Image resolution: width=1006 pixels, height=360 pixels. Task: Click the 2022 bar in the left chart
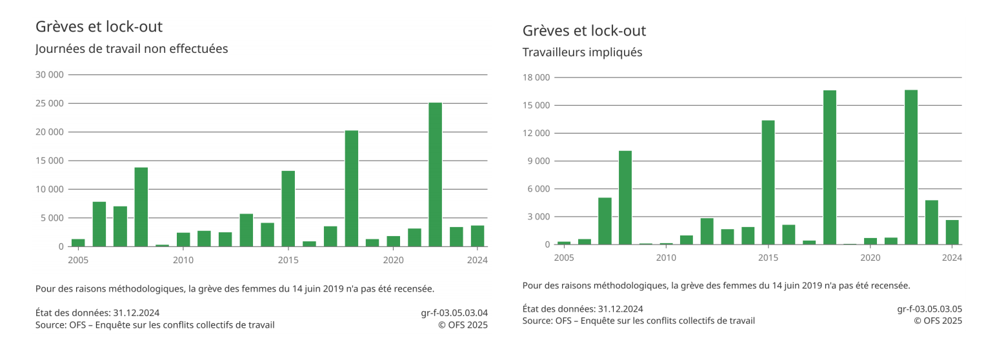[x=435, y=174]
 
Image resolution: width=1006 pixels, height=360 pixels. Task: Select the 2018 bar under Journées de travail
[x=351, y=188]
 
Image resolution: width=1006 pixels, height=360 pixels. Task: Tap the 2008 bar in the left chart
[x=141, y=206]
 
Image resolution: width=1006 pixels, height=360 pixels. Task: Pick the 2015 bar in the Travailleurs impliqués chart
[x=768, y=183]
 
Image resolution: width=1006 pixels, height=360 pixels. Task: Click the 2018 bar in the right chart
[x=829, y=168]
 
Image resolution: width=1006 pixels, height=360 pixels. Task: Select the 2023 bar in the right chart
[x=931, y=223]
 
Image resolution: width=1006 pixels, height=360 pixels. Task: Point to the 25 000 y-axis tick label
[x=50, y=103]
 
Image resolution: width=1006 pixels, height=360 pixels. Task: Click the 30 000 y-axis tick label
[x=50, y=75]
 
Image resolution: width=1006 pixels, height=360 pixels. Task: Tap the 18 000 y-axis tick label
[x=536, y=78]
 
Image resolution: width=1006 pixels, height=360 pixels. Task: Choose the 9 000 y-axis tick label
[x=538, y=161]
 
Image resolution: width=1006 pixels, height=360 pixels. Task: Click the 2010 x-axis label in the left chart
[x=183, y=260]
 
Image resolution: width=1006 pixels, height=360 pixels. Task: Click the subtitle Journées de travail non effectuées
[x=132, y=49]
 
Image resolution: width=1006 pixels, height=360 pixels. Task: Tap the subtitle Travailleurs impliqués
[x=582, y=53]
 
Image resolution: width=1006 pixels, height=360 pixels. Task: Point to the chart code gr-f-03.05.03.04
[x=454, y=313]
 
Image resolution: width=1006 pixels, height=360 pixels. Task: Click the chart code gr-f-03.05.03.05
[x=929, y=309]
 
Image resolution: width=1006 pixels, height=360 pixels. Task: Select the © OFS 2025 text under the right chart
[x=938, y=321]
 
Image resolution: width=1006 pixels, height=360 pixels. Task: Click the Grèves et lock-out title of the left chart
[x=99, y=27]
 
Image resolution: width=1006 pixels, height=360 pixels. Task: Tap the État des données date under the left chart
[x=97, y=313]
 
